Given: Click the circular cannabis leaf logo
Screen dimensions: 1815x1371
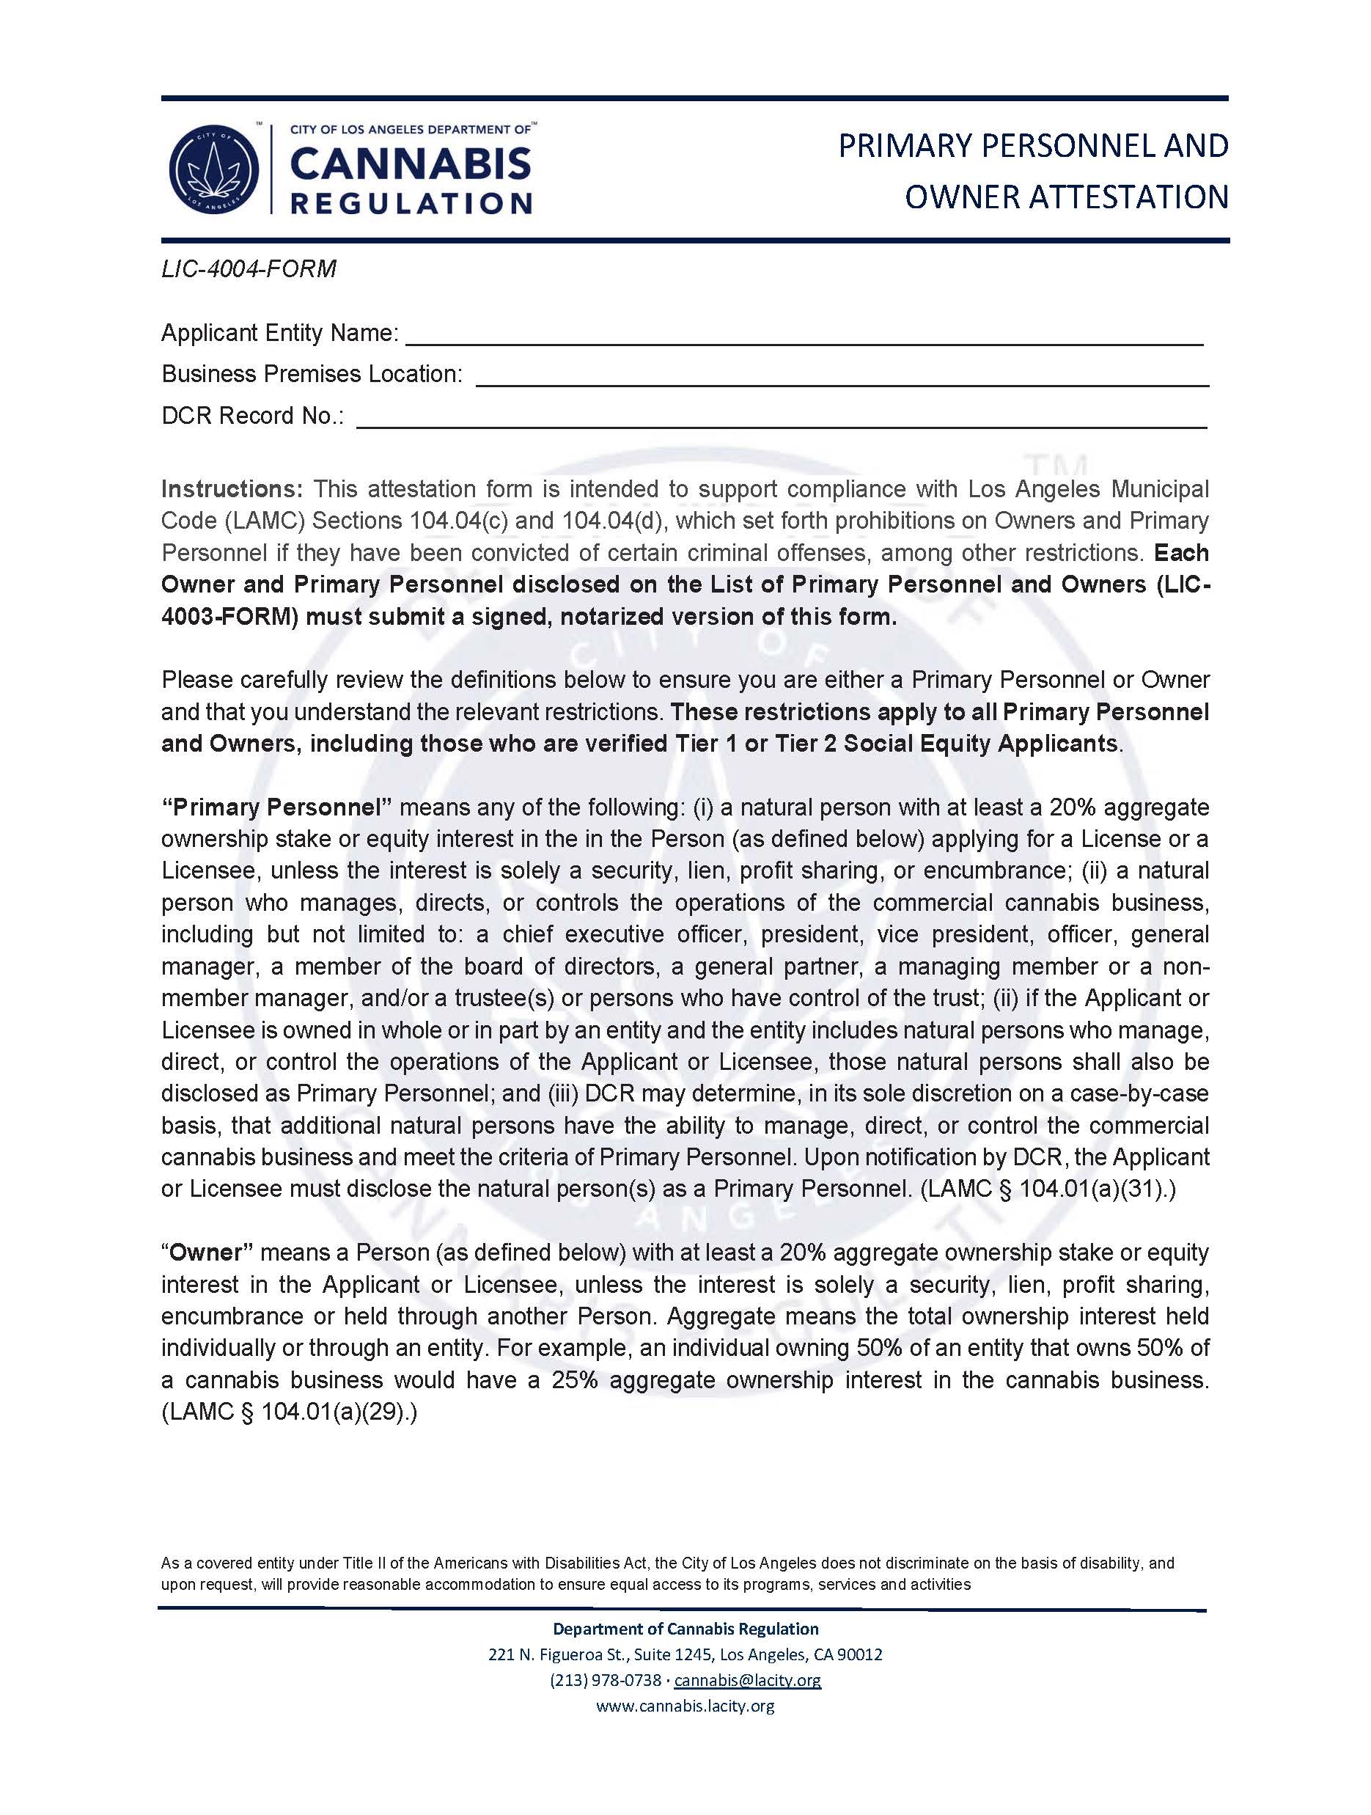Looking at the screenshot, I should pos(213,170).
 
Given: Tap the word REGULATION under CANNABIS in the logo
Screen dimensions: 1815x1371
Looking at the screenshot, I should pos(411,202).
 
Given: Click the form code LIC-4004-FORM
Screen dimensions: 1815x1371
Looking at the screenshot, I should pos(249,268).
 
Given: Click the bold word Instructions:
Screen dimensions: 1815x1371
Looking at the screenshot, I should pos(232,489).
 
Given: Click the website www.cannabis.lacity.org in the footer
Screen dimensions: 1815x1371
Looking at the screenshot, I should pos(685,1706).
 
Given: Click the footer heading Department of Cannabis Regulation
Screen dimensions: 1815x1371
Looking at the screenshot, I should pos(685,1629).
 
